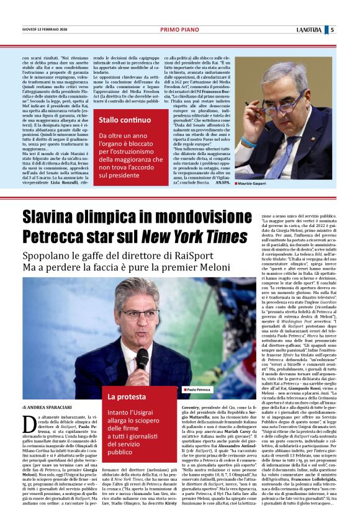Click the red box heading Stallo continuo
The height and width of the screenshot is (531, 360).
(x=125, y=119)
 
